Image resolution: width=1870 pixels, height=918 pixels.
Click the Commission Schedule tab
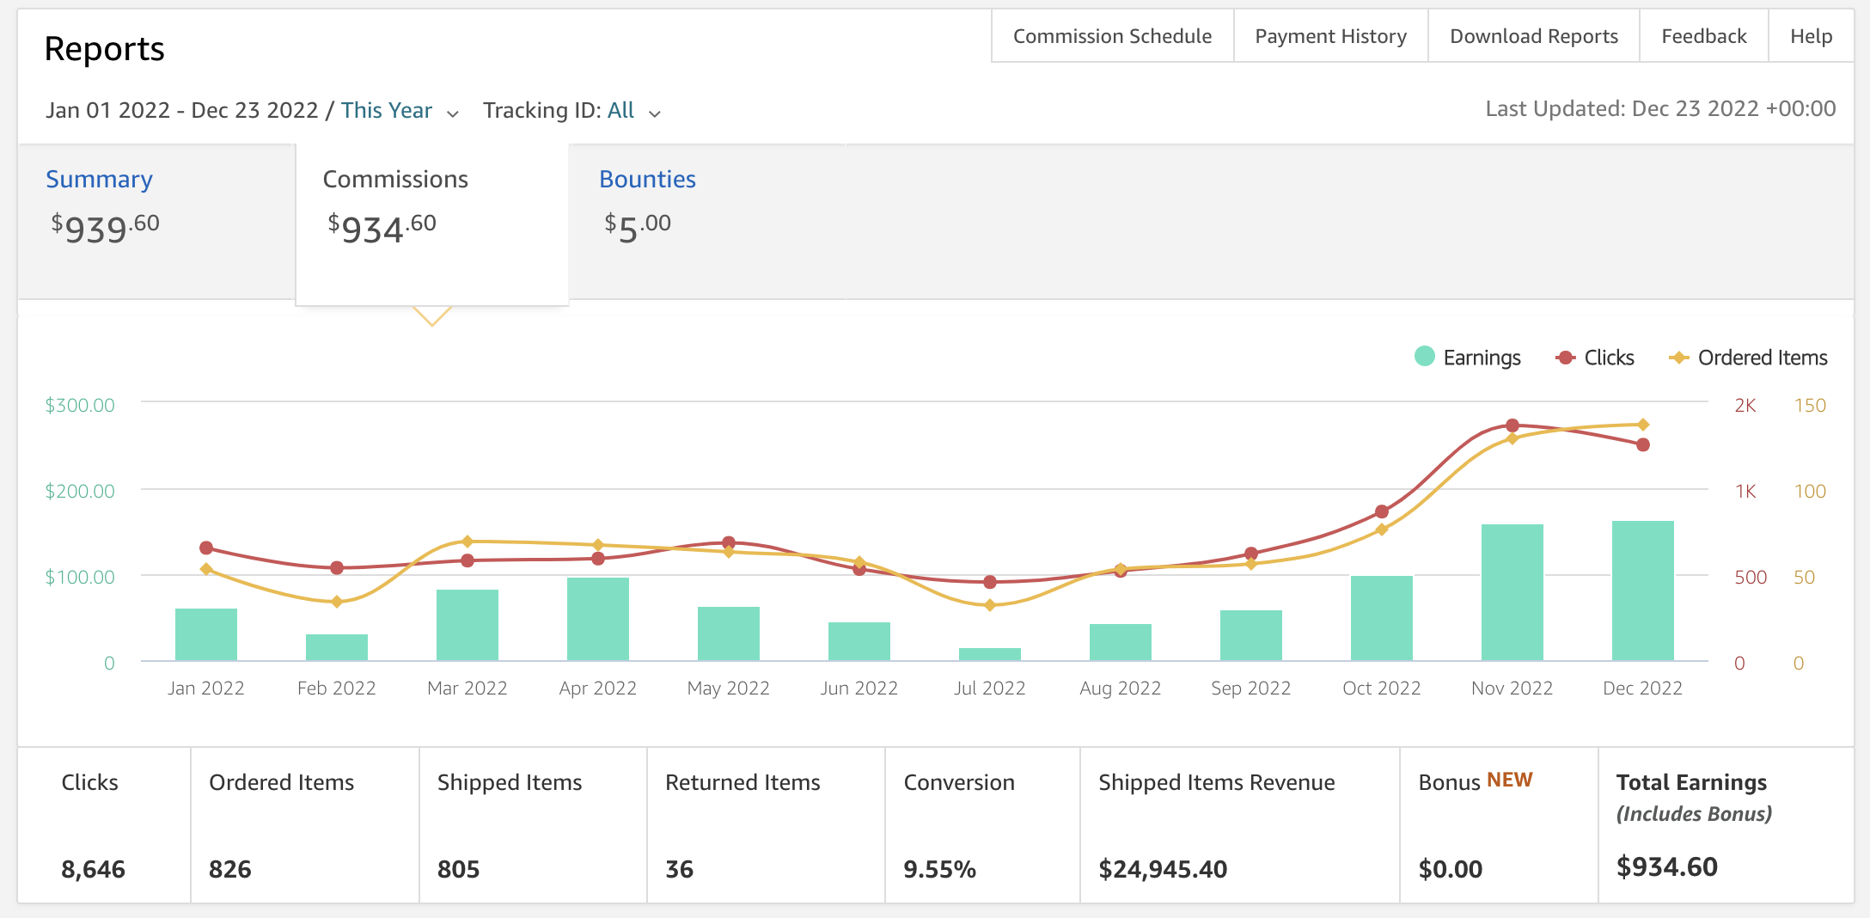[x=1112, y=36]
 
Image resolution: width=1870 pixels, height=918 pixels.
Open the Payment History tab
[x=1330, y=36]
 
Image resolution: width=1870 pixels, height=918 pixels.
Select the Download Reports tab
[x=1533, y=36]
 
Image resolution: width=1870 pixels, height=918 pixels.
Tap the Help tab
[x=1811, y=36]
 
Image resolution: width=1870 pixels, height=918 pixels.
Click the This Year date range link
[x=387, y=111]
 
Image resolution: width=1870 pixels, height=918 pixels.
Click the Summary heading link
[x=99, y=179]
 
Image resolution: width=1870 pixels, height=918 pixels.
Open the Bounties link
[x=647, y=179]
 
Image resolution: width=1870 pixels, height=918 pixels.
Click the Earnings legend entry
[x=1467, y=357]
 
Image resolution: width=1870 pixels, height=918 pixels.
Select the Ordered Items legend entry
[x=1748, y=357]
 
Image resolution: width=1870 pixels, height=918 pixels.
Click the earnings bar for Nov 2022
[x=1512, y=592]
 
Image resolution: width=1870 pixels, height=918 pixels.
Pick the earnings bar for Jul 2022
[x=990, y=654]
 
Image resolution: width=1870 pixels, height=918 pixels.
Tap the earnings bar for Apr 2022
[x=598, y=619]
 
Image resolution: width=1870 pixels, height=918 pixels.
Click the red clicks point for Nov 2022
[x=1512, y=425]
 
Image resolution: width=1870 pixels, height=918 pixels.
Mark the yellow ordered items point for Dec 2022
[x=1643, y=425]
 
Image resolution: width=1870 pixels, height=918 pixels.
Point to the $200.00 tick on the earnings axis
[x=80, y=491]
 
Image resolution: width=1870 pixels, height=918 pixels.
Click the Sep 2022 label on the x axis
[x=1251, y=688]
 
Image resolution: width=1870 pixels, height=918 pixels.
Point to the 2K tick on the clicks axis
[x=1745, y=405]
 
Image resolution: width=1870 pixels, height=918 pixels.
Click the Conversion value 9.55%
[x=939, y=869]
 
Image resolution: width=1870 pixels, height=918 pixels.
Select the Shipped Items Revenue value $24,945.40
[x=1163, y=869]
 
